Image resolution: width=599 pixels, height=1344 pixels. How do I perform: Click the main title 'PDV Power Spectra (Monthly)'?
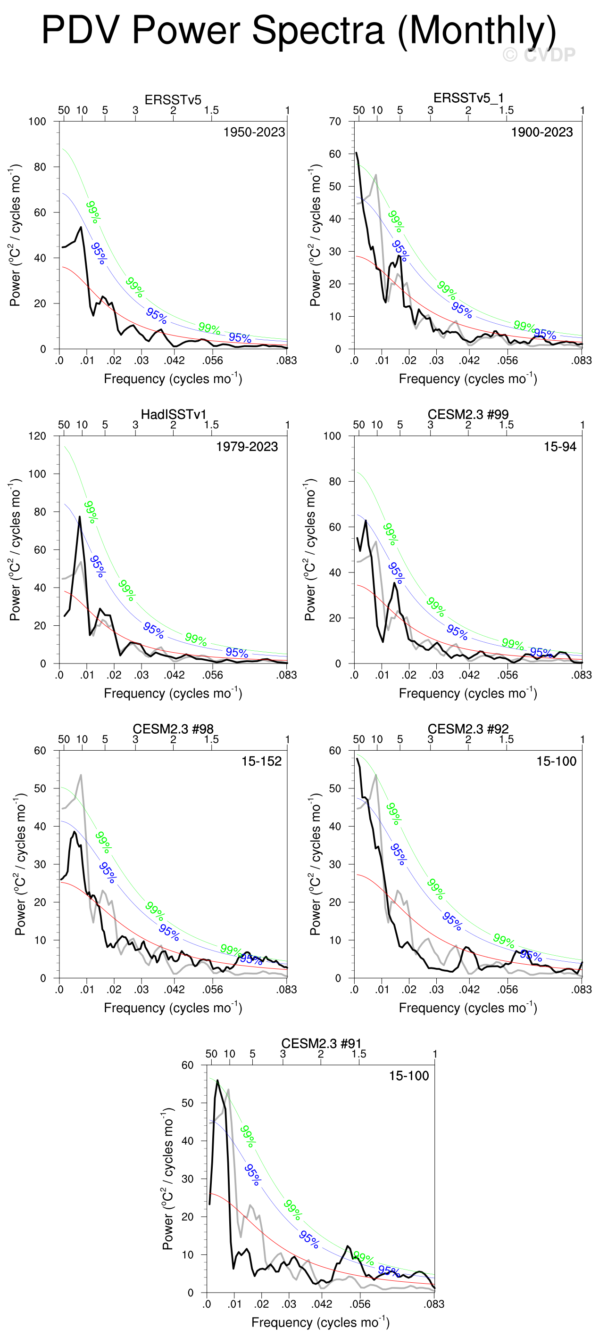point(299,30)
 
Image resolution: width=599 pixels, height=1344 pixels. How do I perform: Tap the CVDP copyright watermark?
point(539,55)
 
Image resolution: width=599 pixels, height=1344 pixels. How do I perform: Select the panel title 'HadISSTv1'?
point(174,414)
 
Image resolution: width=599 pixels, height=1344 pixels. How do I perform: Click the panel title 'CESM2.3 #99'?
point(468,414)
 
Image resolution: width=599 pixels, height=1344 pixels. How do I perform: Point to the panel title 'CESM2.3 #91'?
point(321,1043)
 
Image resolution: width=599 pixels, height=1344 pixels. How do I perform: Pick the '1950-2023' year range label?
point(254,132)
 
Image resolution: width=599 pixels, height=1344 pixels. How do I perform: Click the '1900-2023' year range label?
point(541,132)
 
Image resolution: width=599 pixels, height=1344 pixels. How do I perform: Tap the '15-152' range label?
point(261,761)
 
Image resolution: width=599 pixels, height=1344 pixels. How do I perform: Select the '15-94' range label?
point(560,447)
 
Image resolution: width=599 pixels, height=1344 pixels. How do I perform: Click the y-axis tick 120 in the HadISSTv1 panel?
point(37,436)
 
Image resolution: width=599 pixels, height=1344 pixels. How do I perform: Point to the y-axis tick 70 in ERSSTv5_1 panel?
point(335,122)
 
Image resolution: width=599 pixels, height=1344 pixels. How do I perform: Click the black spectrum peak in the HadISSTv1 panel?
point(80,516)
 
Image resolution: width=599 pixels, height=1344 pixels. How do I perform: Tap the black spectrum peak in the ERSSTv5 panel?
point(81,227)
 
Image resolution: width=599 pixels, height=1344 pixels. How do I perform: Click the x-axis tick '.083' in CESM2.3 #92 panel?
point(581,989)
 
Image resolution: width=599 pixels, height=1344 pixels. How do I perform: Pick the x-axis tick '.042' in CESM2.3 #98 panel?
point(175,989)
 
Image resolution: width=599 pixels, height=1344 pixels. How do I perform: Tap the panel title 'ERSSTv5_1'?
point(468,98)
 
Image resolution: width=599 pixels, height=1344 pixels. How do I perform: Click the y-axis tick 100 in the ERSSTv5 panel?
point(37,122)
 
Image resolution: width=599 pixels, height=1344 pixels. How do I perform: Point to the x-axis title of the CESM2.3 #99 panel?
point(468,693)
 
